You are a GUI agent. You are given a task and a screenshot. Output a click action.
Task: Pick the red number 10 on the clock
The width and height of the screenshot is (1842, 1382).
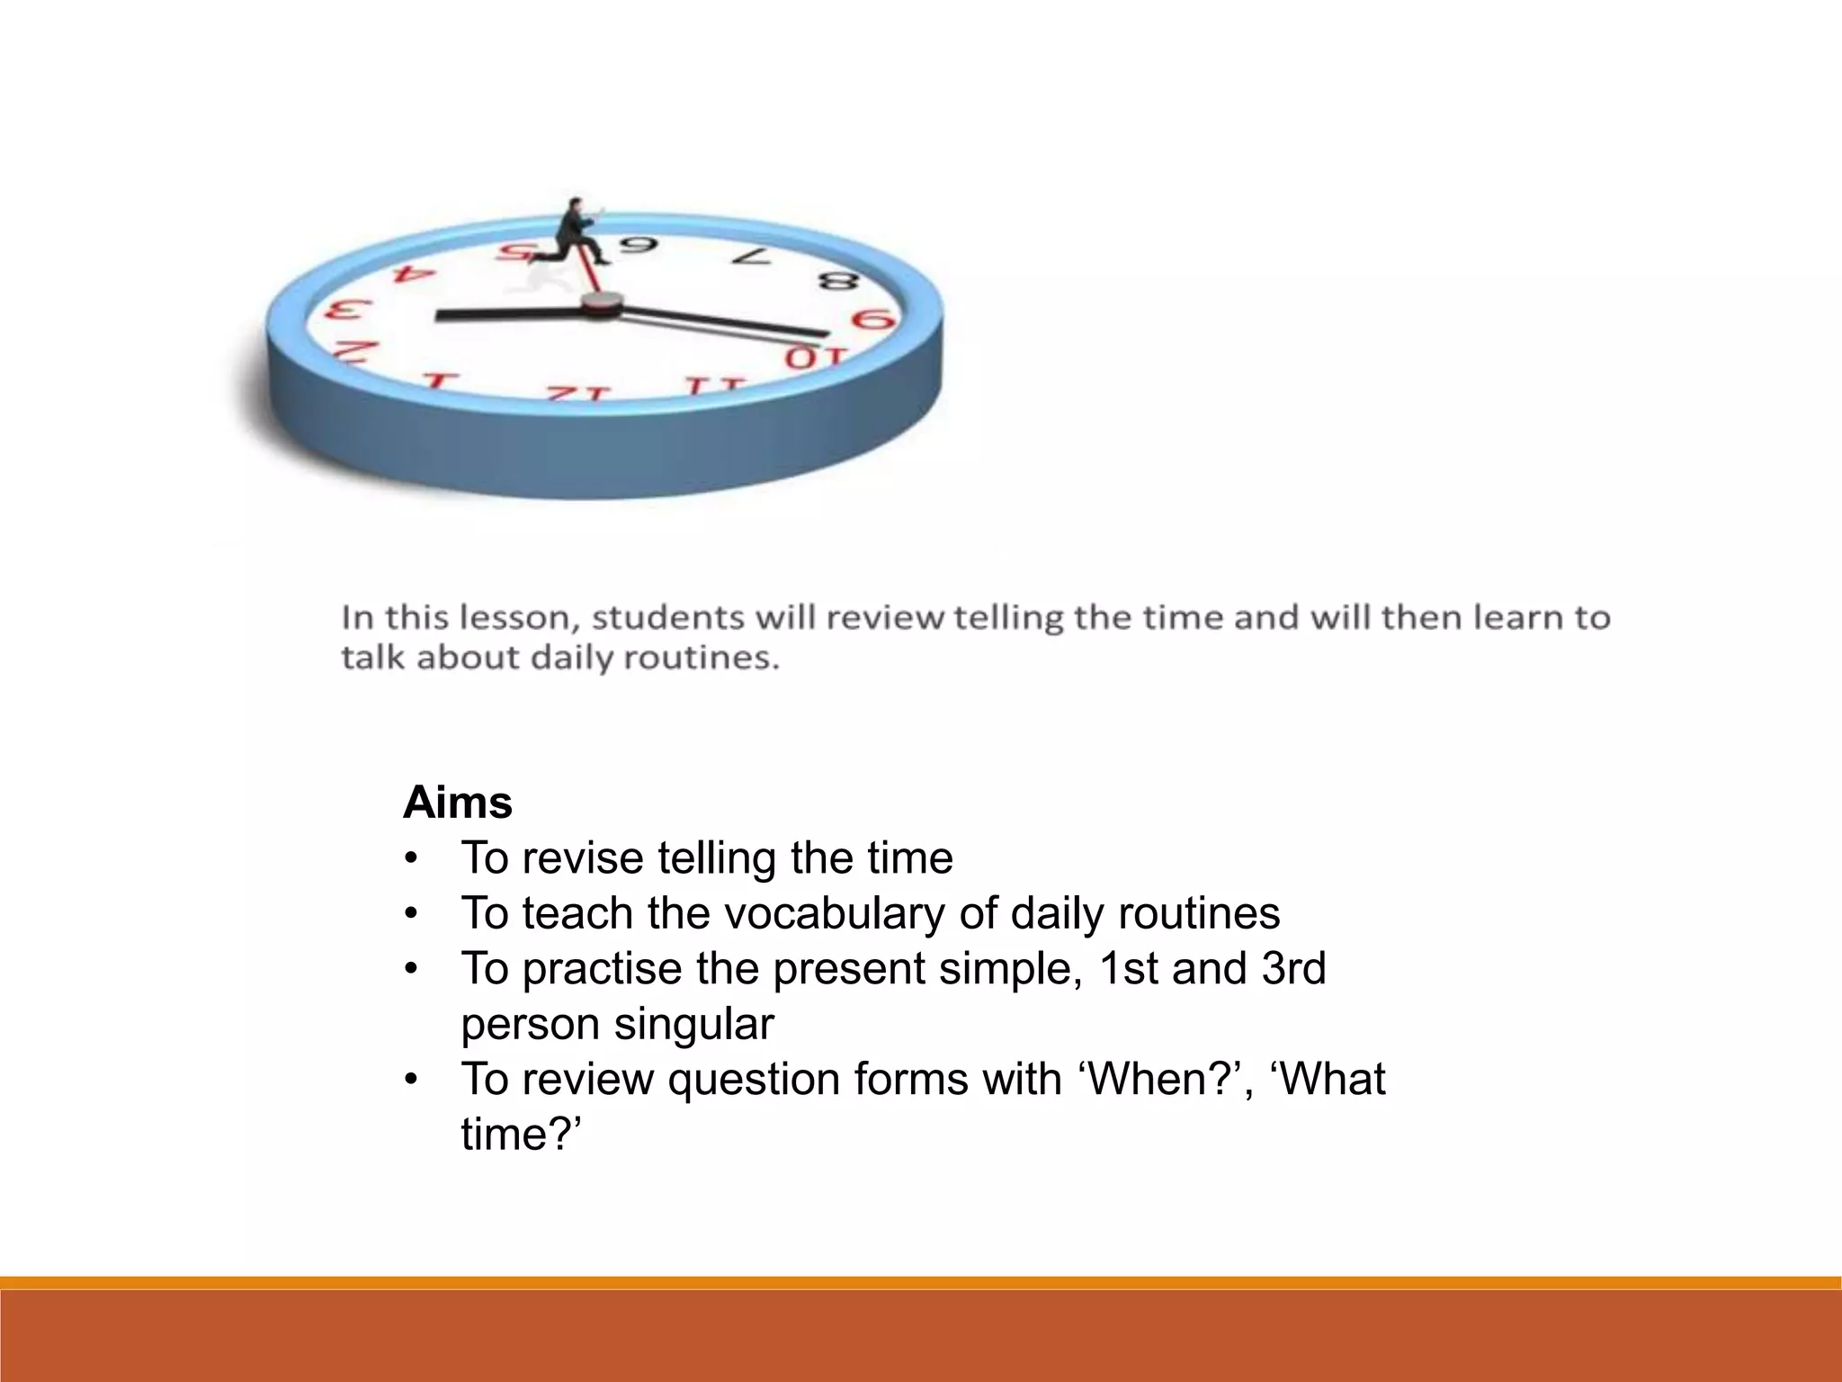815,357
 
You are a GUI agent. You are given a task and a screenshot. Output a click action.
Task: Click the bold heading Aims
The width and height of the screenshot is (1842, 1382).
457,802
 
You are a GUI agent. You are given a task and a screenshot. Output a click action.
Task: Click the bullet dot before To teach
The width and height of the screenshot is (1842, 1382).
411,914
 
